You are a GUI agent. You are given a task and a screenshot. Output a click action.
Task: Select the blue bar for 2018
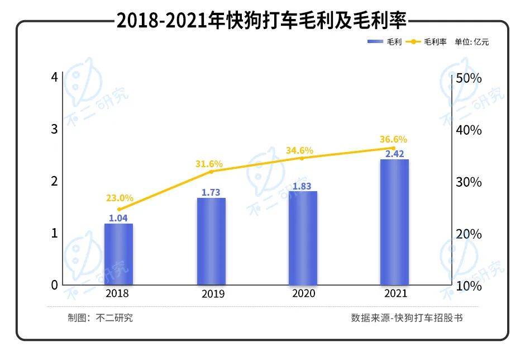(x=118, y=254)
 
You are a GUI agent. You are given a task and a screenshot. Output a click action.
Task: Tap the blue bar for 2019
(x=211, y=241)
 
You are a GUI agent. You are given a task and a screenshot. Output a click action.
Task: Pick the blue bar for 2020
(x=303, y=238)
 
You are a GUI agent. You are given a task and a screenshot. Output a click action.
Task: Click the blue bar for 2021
(x=394, y=222)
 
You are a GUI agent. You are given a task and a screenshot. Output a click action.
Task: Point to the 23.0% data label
(x=120, y=198)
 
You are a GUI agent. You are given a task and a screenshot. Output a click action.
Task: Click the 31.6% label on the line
(x=209, y=164)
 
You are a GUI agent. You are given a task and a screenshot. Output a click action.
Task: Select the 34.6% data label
(x=299, y=150)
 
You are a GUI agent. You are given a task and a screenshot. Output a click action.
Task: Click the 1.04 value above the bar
(x=118, y=218)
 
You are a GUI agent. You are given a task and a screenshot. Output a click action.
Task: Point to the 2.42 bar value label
(x=394, y=153)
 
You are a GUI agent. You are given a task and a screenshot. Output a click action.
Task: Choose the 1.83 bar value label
(x=302, y=186)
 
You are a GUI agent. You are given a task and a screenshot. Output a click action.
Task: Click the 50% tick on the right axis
(x=469, y=78)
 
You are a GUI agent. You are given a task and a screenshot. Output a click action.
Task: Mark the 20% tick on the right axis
(x=469, y=234)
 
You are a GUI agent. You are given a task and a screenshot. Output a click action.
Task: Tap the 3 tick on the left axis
(x=55, y=129)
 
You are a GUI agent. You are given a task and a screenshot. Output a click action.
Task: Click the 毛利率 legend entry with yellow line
(x=426, y=42)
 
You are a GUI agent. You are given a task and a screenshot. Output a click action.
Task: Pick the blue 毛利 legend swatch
(x=375, y=42)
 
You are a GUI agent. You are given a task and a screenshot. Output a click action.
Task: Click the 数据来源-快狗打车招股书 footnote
(x=407, y=318)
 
